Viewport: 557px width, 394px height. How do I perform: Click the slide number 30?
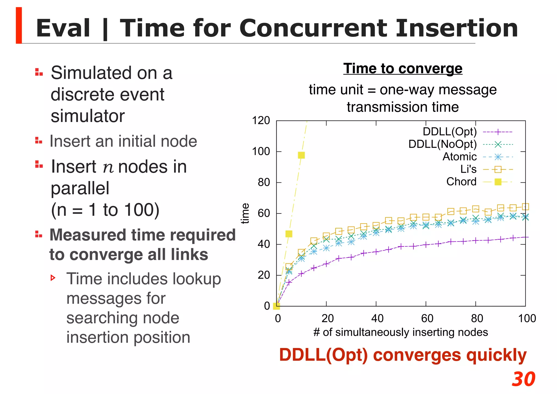tap(523, 379)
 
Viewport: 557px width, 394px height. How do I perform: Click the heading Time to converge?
tap(403, 68)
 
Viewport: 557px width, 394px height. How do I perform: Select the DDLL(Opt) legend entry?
tap(450, 132)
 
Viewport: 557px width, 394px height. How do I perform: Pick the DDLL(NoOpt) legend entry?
tap(442, 144)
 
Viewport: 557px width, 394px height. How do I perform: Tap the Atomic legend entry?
tap(459, 157)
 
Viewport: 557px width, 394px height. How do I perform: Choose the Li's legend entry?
tap(468, 169)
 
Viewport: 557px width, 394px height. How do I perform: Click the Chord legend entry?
tap(461, 182)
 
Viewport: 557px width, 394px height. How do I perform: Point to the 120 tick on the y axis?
tap(261, 121)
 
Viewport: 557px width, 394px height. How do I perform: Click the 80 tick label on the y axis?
tap(264, 182)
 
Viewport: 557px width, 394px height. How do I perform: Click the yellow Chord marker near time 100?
tap(301, 155)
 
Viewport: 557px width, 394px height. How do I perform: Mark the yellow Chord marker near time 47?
tap(289, 234)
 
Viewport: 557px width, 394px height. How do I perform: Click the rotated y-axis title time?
tap(245, 213)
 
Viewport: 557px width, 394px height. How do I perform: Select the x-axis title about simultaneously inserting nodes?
tap(401, 332)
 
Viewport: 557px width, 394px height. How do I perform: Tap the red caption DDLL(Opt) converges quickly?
tap(403, 355)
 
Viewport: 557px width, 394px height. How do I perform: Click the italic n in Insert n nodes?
tap(108, 167)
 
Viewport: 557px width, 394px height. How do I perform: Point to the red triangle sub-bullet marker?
tap(53, 278)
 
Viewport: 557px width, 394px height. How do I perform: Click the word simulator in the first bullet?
tap(88, 116)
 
